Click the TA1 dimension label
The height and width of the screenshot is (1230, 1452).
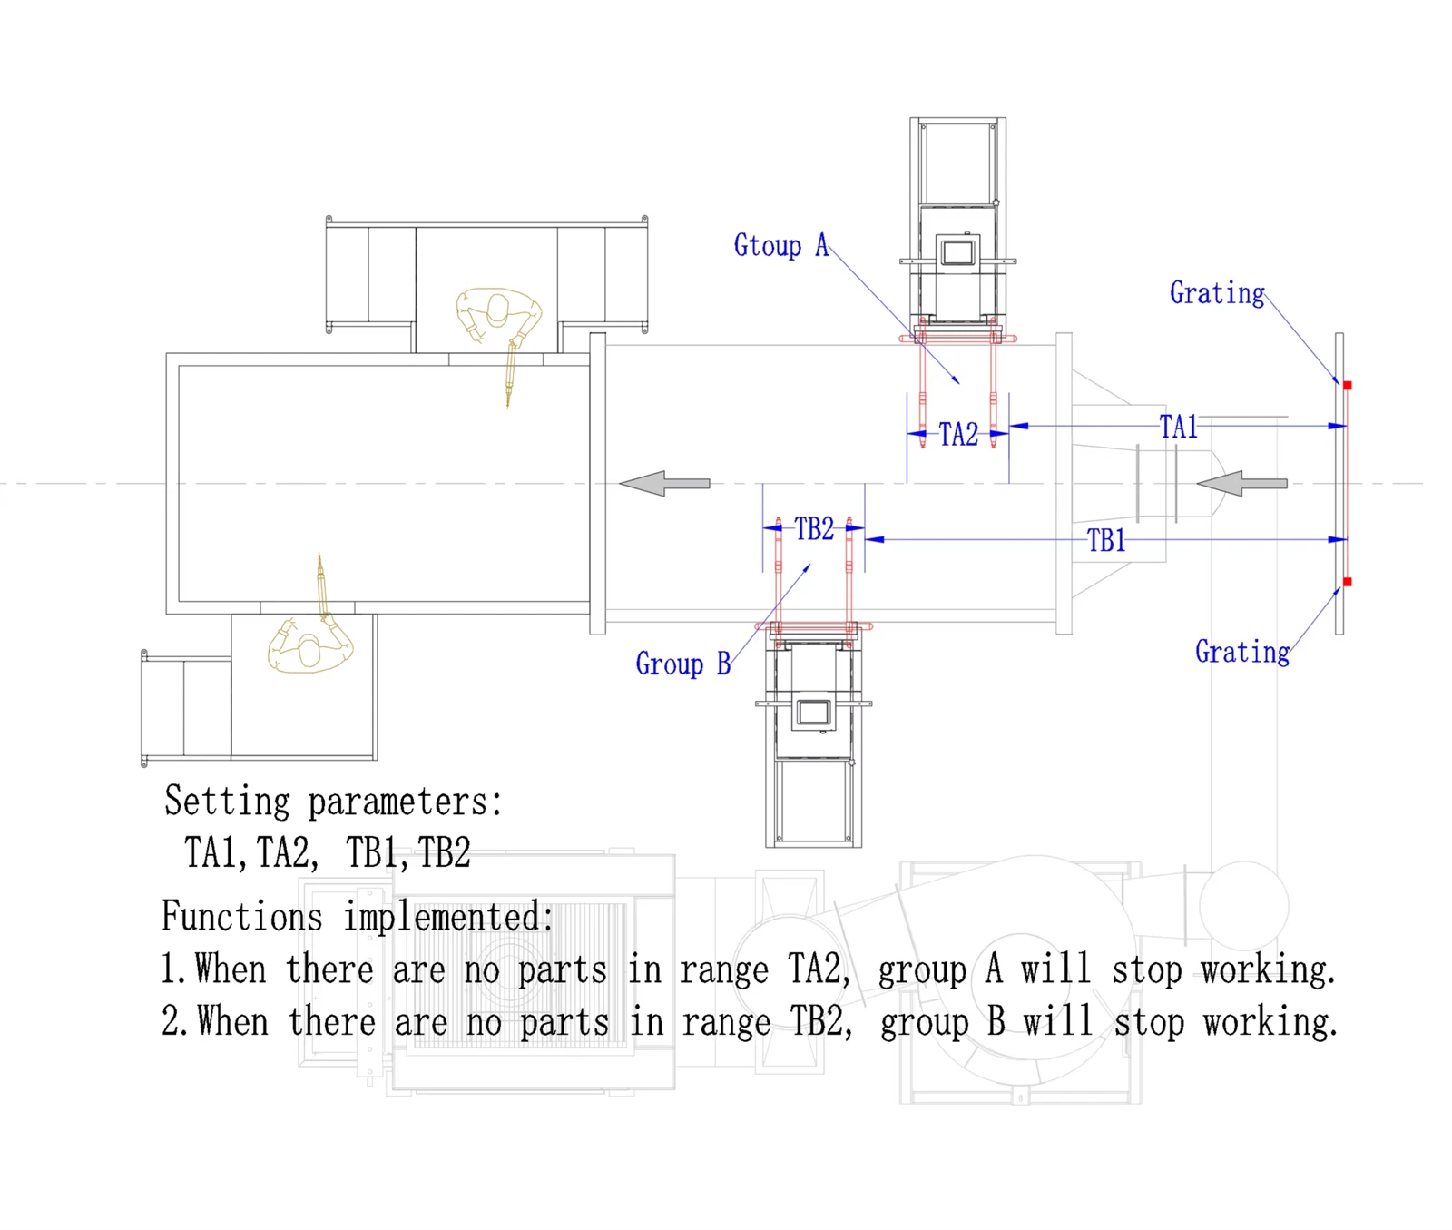pyautogui.click(x=1178, y=427)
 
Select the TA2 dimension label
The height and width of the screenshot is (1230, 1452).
pyautogui.click(x=958, y=435)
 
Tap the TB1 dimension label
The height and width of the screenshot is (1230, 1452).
pyautogui.click(x=1106, y=541)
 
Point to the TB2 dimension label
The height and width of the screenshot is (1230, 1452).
pyautogui.click(x=814, y=529)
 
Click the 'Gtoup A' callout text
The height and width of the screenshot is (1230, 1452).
pyautogui.click(x=781, y=246)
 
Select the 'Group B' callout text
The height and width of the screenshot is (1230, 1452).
pyautogui.click(x=683, y=664)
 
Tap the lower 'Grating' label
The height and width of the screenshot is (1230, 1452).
pyautogui.click(x=1242, y=653)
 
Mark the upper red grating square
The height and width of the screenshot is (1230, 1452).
pyautogui.click(x=1348, y=386)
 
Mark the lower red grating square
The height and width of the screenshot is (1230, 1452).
pyautogui.click(x=1348, y=582)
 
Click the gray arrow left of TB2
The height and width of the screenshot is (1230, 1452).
pyautogui.click(x=664, y=483)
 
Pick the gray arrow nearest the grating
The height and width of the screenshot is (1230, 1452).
pyautogui.click(x=1241, y=483)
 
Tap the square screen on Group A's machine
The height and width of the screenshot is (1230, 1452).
pyautogui.click(x=957, y=251)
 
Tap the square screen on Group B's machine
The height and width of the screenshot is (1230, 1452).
pyautogui.click(x=813, y=713)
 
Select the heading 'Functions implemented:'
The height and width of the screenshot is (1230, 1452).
pyautogui.click(x=358, y=917)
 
